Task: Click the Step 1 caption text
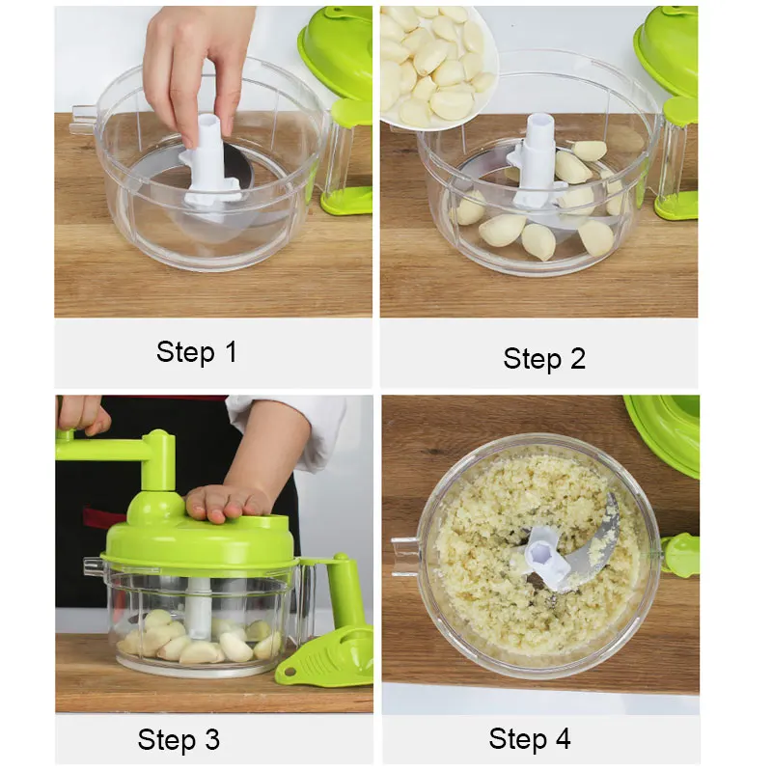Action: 197,352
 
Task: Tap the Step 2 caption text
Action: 544,358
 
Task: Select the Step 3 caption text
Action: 179,739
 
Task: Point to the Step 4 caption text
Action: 529,738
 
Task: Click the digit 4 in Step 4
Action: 563,738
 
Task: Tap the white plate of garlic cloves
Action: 437,67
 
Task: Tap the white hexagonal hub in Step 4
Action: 542,550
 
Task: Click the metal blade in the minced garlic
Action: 591,546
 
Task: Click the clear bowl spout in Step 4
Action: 406,557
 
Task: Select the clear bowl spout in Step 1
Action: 84,121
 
